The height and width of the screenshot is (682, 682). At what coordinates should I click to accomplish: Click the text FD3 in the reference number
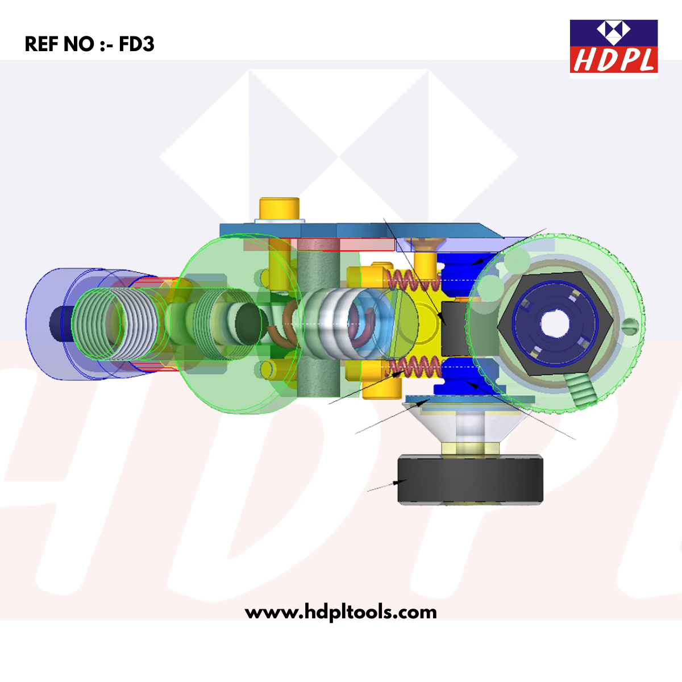(136, 44)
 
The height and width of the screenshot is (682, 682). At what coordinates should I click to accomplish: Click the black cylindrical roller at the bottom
(470, 480)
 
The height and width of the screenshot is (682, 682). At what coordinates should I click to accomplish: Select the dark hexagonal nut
(555, 324)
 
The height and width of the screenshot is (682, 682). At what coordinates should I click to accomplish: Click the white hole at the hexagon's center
(555, 324)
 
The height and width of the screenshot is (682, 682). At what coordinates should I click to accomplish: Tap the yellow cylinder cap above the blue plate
(279, 208)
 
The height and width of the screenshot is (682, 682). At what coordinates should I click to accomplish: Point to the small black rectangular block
(455, 329)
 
